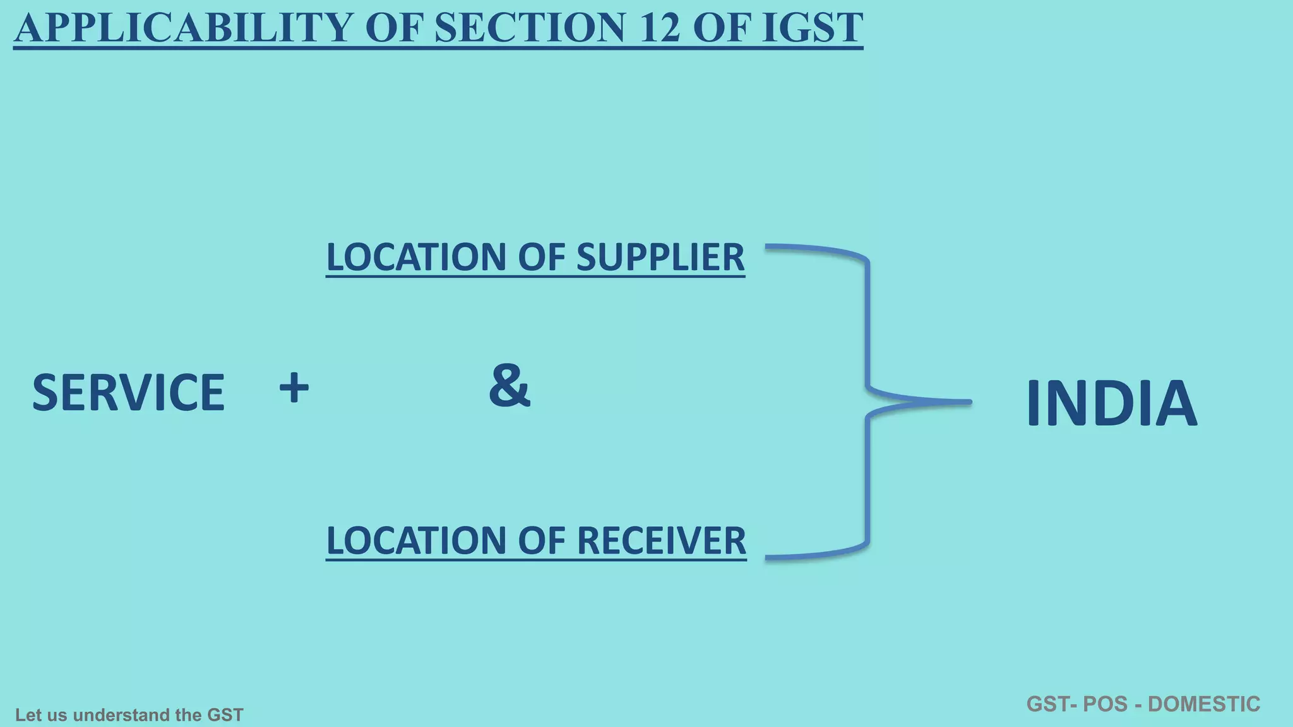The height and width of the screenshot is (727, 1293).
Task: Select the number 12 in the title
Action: pyautogui.click(x=660, y=28)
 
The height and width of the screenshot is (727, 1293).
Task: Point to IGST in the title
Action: pyautogui.click(x=812, y=28)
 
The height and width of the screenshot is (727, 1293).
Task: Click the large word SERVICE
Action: pyautogui.click(x=128, y=393)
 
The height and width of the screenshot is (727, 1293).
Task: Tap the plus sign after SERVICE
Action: pyautogui.click(x=294, y=387)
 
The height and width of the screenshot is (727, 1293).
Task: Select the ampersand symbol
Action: pyautogui.click(x=509, y=385)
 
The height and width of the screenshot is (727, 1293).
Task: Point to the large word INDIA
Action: pyautogui.click(x=1111, y=404)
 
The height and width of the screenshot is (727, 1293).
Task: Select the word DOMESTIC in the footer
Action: pyautogui.click(x=1204, y=704)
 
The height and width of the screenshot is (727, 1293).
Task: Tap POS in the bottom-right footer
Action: pyautogui.click(x=1104, y=704)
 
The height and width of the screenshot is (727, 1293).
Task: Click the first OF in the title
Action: pyautogui.click(x=392, y=28)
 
